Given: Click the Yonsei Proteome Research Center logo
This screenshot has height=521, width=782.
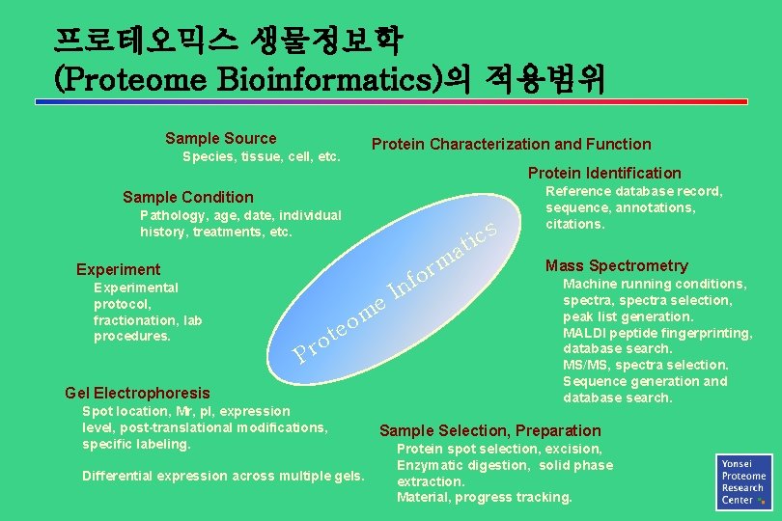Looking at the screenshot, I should click(743, 480).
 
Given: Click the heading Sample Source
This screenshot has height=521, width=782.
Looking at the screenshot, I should click(220, 139).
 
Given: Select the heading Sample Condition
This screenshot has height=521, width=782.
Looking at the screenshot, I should click(187, 198).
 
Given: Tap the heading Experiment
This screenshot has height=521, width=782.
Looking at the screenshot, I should click(118, 269).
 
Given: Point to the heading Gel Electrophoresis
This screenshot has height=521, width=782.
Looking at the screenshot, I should click(136, 393).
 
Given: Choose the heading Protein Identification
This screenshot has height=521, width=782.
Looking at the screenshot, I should click(603, 174).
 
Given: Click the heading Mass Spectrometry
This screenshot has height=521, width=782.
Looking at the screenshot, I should click(616, 266).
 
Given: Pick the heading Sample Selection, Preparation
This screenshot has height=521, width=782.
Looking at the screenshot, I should click(489, 431).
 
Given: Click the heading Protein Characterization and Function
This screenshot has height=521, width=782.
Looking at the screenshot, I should click(511, 145).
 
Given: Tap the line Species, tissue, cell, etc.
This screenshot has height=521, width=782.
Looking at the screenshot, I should click(261, 156).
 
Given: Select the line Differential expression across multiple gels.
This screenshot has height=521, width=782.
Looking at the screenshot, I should click(223, 476).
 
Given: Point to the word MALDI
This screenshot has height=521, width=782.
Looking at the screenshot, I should click(586, 333).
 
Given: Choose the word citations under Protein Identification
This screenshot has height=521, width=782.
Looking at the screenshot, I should click(575, 225).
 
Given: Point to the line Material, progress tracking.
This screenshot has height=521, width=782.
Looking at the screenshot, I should click(484, 498).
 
